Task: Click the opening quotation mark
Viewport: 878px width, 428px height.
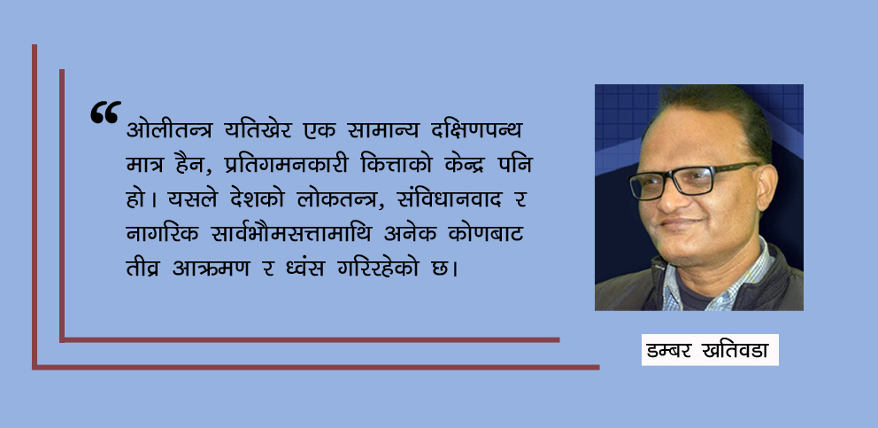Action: click(104, 113)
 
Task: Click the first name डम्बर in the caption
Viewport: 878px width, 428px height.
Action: click(675, 350)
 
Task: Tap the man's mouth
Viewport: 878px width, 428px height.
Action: click(682, 231)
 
